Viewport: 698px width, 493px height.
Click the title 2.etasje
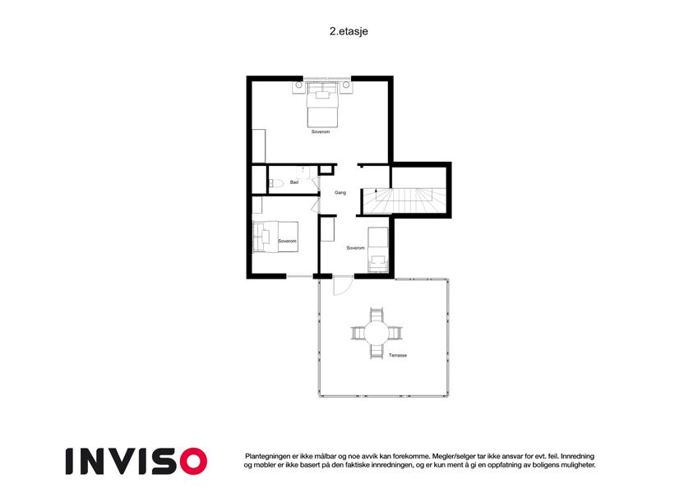349,31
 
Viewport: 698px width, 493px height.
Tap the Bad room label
294,182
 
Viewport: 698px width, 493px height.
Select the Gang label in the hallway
340,192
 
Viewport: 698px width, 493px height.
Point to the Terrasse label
398,356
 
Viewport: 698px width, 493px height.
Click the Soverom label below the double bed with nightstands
321,132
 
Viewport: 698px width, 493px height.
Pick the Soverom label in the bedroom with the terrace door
355,248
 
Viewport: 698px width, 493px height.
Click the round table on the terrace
377,333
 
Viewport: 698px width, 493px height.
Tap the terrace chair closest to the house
377,314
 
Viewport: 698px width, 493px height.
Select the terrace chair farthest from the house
377,351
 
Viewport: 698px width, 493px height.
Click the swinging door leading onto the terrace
340,287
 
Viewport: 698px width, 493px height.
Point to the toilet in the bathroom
276,183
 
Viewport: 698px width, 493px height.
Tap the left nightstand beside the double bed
298,86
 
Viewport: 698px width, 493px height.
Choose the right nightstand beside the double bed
346,86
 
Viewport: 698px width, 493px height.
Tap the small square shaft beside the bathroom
326,169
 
